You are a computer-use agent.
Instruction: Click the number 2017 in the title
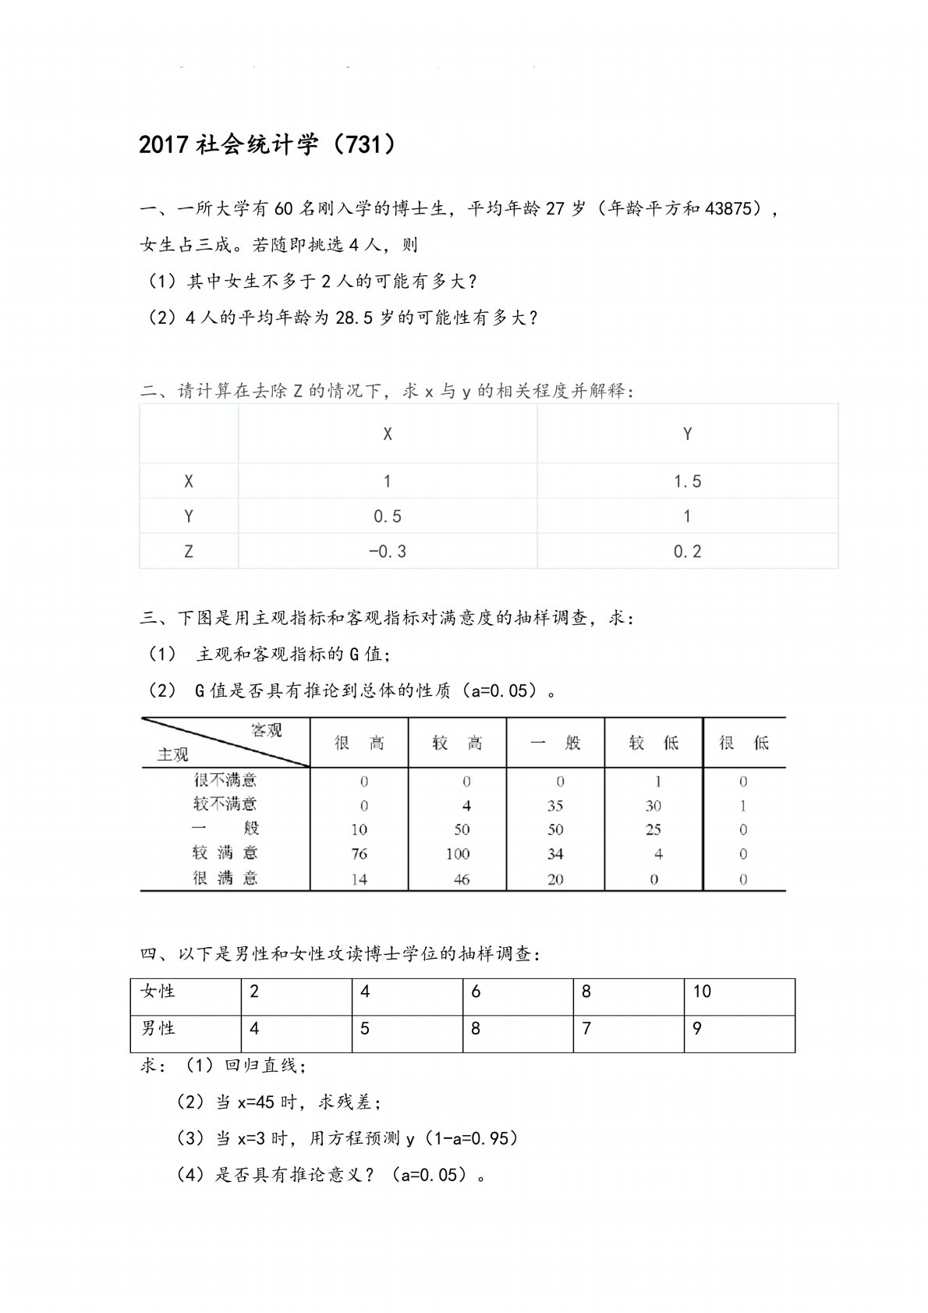tap(163, 146)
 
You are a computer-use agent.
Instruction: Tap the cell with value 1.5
tap(687, 481)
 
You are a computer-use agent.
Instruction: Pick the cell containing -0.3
tap(388, 552)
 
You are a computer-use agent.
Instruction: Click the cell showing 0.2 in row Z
tap(687, 552)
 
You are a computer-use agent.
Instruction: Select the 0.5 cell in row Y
tap(388, 516)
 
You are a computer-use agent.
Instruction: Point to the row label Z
tap(189, 552)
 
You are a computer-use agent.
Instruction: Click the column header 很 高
tap(360, 743)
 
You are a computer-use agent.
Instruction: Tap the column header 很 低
tap(744, 743)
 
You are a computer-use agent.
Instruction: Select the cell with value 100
tap(458, 853)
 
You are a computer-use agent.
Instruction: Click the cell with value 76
tap(360, 853)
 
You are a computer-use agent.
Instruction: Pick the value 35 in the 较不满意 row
tap(555, 805)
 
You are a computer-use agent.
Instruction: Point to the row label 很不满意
tap(225, 779)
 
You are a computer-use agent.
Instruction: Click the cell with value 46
tap(462, 879)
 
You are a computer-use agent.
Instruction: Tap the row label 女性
tap(158, 992)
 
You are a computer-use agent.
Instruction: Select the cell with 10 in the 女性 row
tap(702, 992)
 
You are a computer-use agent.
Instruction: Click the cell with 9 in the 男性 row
tap(697, 1028)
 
